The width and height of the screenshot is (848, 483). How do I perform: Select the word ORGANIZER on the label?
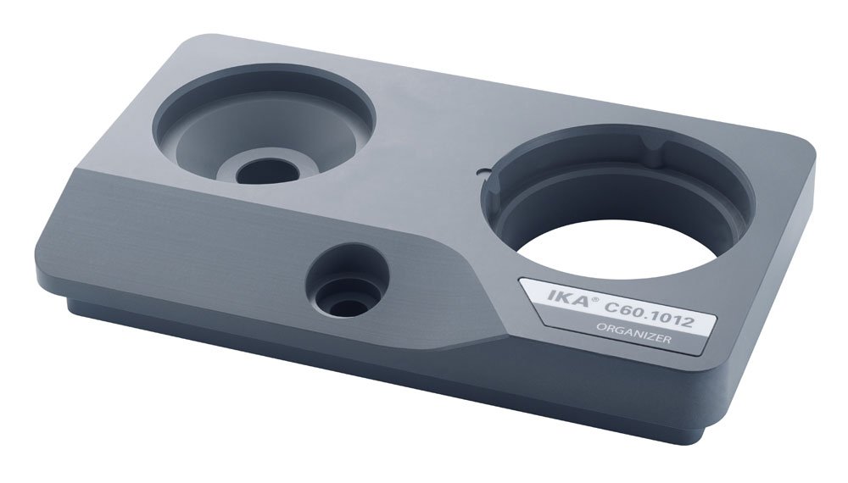coord(633,333)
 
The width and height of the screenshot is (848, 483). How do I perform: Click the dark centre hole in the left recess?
coord(268,172)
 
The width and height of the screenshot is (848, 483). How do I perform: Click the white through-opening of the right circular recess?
coord(616,249)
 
